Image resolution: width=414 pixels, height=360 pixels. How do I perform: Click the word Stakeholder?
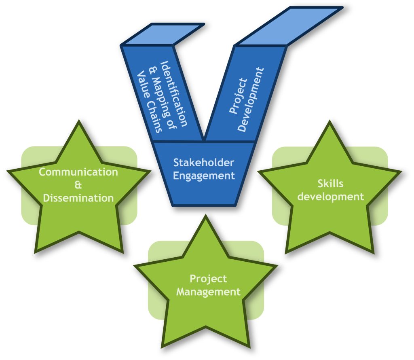coord(204,163)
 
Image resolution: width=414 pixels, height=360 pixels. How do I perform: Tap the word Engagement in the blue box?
coord(204,176)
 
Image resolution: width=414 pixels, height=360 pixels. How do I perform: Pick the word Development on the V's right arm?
coord(251,99)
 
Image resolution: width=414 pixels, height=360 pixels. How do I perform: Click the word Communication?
coord(78,172)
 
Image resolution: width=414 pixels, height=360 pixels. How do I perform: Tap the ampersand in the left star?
coord(78,185)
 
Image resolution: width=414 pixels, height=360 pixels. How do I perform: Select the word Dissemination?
coord(78,198)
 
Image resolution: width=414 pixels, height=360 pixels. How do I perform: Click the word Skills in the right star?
coord(330,184)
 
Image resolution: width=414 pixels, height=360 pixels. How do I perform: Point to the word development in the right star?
coord(330,197)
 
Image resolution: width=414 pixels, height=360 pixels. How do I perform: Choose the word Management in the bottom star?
coord(209,292)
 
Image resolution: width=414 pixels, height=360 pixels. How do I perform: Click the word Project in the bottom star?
coord(209,279)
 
